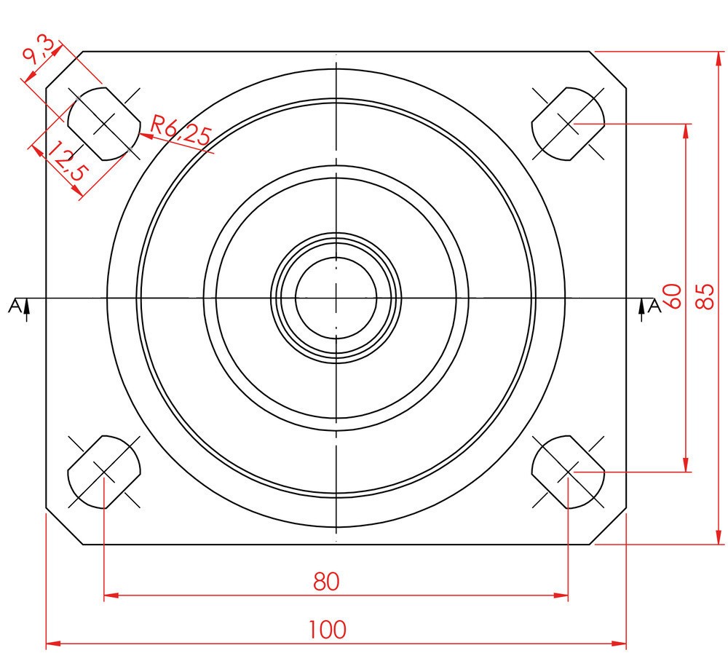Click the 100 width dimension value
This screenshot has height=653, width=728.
pyautogui.click(x=328, y=630)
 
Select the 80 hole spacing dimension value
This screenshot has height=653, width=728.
pyautogui.click(x=326, y=582)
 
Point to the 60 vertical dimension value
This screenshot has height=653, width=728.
pyautogui.click(x=672, y=296)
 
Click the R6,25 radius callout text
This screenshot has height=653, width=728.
pyautogui.click(x=181, y=130)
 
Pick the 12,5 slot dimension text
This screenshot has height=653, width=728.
pyautogui.click(x=67, y=161)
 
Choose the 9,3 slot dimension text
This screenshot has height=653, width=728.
pyautogui.click(x=39, y=52)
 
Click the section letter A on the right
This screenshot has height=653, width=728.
pyautogui.click(x=654, y=306)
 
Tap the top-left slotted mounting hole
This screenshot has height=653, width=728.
pyautogui.click(x=104, y=124)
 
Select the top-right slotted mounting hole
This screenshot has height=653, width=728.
pyautogui.click(x=568, y=124)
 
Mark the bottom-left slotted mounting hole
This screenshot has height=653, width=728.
pyautogui.click(x=104, y=472)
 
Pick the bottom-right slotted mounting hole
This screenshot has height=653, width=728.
pyautogui.click(x=568, y=472)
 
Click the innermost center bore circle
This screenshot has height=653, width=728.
pyautogui.click(x=336, y=257)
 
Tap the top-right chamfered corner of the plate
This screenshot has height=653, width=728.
pyautogui.click(x=608, y=69)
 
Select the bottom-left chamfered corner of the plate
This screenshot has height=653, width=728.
pyautogui.click(x=64, y=526)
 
